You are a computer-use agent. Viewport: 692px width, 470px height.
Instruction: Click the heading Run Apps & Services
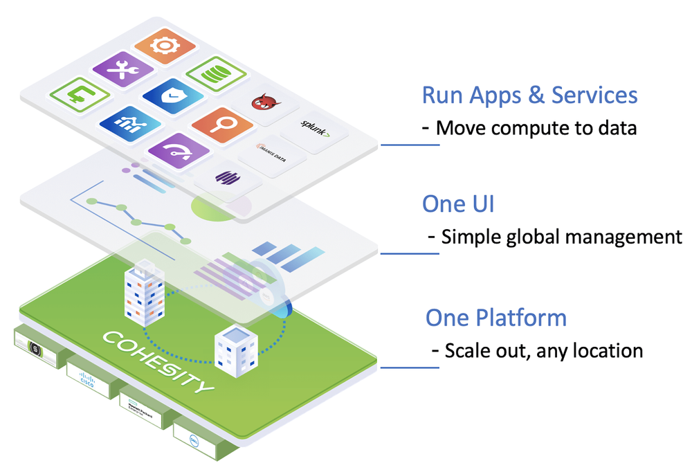pos(529,95)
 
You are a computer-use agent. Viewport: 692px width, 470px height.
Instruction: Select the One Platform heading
pos(495,318)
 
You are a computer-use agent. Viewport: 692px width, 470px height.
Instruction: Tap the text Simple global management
pos(561,237)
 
